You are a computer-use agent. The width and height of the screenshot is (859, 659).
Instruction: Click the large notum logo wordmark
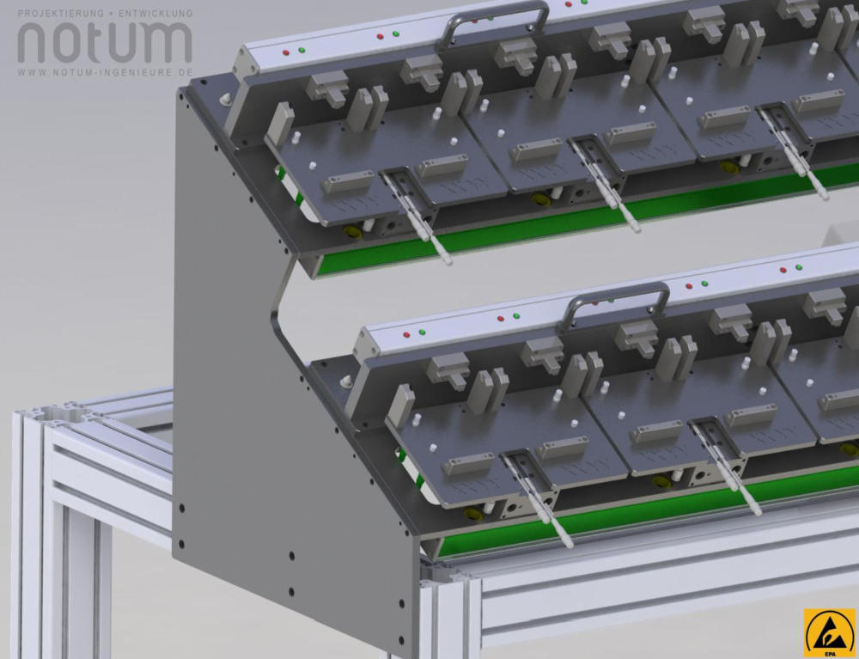[105, 43]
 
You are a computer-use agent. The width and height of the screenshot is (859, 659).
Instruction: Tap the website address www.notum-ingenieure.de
[105, 72]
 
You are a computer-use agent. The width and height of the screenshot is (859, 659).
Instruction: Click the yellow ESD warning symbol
[830, 630]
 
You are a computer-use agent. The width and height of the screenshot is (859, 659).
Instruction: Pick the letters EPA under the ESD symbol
[830, 653]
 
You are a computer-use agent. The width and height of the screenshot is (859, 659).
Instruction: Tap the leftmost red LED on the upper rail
[286, 52]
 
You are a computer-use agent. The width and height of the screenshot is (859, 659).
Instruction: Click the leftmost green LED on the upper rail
[302, 51]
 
